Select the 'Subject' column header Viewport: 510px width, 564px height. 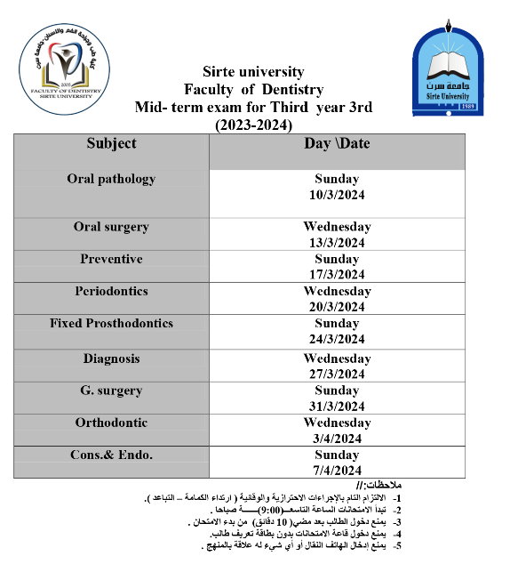(111, 143)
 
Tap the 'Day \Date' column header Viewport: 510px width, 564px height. (337, 143)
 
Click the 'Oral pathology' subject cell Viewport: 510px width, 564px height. (111, 179)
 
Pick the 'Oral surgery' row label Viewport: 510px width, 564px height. (111, 227)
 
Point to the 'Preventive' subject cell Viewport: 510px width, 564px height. (111, 259)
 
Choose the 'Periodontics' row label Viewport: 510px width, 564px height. (111, 291)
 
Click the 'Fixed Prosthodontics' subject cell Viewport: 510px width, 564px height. (111, 323)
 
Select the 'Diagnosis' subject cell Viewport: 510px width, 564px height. (111, 359)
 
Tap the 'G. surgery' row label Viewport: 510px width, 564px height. (111, 391)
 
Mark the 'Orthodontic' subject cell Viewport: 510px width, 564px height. (111, 423)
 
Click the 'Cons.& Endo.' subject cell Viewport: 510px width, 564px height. (111, 455)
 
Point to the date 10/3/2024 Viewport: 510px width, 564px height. (337, 195)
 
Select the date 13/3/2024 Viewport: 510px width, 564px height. (337, 243)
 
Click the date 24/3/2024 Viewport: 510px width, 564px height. (337, 339)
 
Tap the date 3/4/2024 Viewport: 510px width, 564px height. (337, 439)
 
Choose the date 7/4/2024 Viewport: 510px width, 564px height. (337, 471)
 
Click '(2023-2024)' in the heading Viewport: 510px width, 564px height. (254, 125)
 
